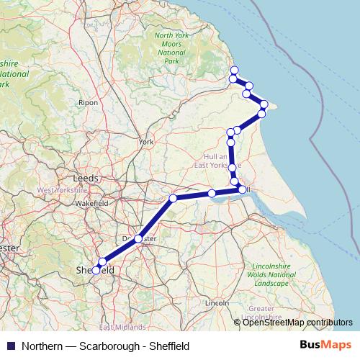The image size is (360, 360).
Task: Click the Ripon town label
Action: coord(89,103)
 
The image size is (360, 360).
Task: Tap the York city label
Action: coord(146,143)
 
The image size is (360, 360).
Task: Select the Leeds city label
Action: coord(86,177)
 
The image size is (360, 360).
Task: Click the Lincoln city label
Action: coord(217,304)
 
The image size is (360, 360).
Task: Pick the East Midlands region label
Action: coord(117,327)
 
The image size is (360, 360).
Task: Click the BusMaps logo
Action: coord(325,346)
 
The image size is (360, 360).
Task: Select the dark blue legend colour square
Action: coord(10,346)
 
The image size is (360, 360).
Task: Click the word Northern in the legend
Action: coord(42,346)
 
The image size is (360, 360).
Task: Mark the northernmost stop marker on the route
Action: coord(233,70)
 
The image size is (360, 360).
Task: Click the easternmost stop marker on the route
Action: coord(264,104)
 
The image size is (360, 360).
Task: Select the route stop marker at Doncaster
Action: coord(138,238)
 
